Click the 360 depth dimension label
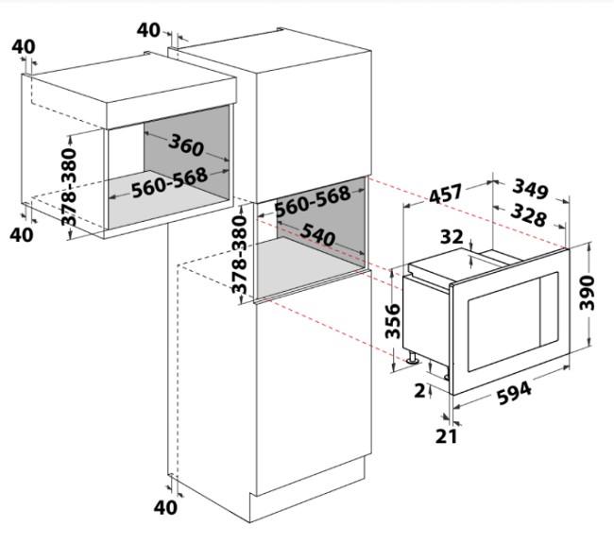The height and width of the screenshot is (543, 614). [x=186, y=144]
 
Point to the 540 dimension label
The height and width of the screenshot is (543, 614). [x=317, y=235]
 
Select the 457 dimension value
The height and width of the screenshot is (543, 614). [x=446, y=194]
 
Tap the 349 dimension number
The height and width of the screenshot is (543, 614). [x=531, y=188]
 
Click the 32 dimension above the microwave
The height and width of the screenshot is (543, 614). [x=452, y=237]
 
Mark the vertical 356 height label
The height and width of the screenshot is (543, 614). [x=393, y=321]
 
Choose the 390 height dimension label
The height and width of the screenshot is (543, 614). [x=587, y=293]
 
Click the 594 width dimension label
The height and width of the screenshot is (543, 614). [x=514, y=393]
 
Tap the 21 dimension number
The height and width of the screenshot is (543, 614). [x=447, y=436]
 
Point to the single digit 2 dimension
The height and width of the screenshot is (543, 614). [x=419, y=390]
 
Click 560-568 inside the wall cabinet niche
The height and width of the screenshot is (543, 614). [x=169, y=182]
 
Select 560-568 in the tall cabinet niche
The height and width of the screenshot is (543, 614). [x=313, y=201]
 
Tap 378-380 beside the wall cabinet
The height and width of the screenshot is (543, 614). [x=69, y=187]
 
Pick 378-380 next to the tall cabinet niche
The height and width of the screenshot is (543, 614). [x=239, y=254]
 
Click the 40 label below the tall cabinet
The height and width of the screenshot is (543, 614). [x=165, y=508]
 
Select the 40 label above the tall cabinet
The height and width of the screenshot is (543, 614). [x=148, y=30]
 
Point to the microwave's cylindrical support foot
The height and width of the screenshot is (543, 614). [x=413, y=357]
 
